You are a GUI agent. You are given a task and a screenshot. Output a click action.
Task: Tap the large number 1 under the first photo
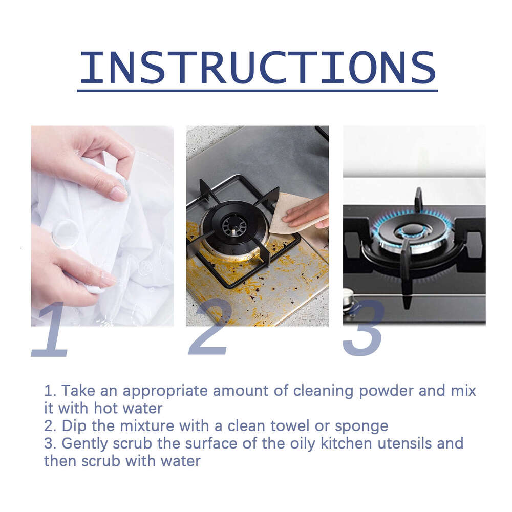coord(51,330)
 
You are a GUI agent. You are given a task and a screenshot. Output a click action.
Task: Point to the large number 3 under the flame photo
coord(364,328)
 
